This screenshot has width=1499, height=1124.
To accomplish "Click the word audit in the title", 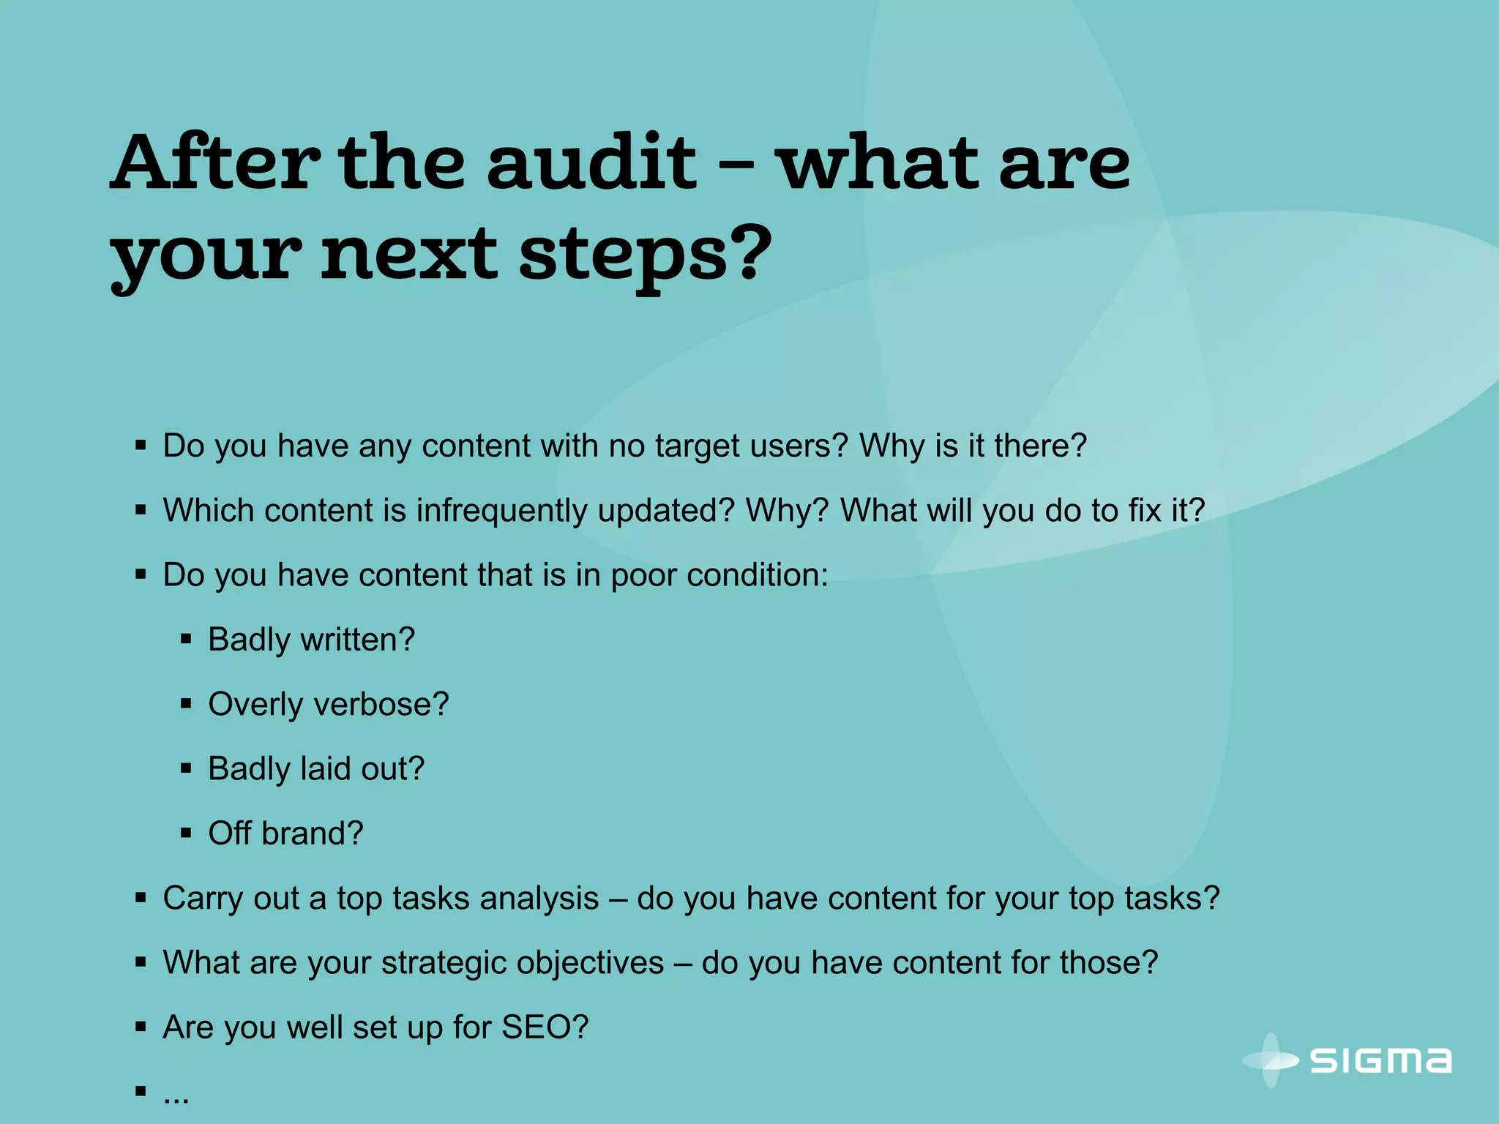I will (x=591, y=162).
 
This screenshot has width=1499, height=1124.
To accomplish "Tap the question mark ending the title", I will (x=748, y=253).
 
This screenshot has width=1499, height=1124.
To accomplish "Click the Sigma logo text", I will (x=1380, y=1061).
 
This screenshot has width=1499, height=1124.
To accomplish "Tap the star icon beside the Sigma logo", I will (x=1271, y=1060).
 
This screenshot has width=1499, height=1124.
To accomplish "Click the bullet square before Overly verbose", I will (x=186, y=704).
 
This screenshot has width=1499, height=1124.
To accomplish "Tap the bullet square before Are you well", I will (x=141, y=1027).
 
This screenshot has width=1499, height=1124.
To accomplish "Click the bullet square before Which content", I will (x=141, y=510).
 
